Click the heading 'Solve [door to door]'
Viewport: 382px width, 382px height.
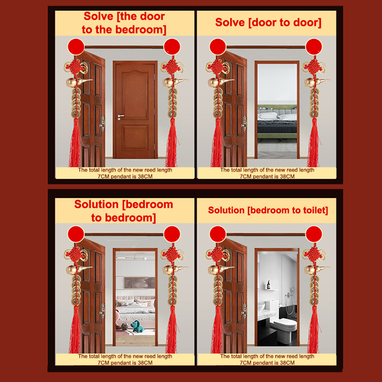coord(268,22)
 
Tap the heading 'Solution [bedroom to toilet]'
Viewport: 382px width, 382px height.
coord(268,210)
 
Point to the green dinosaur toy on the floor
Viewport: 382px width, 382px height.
coord(137,326)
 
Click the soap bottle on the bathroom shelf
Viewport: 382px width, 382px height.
coord(268,285)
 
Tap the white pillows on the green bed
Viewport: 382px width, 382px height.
coord(277,116)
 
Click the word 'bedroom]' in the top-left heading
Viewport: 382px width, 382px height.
coord(140,30)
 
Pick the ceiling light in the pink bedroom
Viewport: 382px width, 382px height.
coord(134,257)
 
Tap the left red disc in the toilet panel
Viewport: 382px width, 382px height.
coord(218,234)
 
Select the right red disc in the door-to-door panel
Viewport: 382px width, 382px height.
coord(314,46)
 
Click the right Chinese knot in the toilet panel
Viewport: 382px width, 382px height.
coord(314,255)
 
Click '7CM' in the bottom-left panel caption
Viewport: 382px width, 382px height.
coord(104,363)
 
